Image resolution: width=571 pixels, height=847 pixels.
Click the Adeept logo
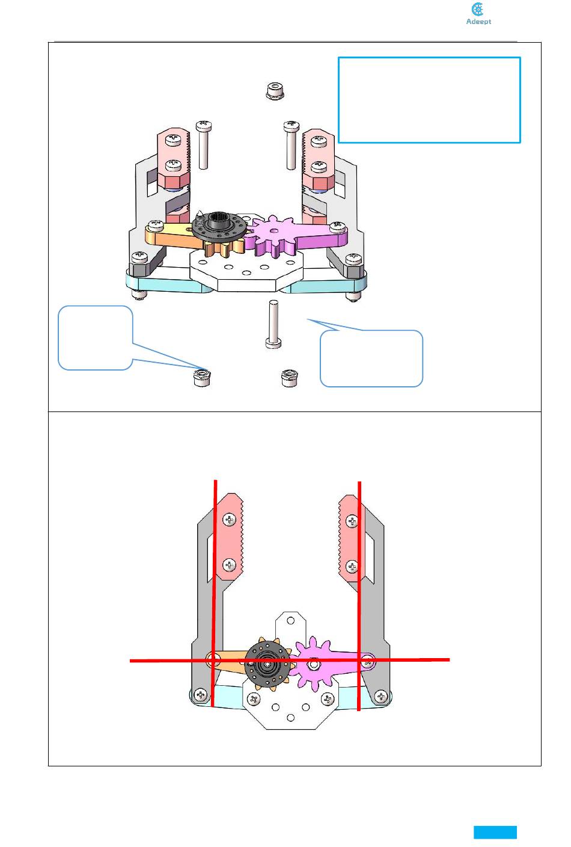tap(478, 14)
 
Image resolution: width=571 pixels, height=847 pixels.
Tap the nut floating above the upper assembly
tap(275, 90)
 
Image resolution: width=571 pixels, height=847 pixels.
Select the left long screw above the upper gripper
tap(203, 145)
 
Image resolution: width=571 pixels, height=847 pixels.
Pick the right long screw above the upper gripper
tap(292, 145)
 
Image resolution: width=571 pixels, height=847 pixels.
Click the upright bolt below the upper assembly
tap(273, 324)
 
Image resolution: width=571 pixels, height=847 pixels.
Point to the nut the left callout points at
tap(202, 378)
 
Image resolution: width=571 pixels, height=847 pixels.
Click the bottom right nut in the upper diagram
tap(290, 378)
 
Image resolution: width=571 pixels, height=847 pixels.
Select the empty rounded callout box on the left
tap(95, 337)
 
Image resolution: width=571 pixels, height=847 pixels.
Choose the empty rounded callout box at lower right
tap(371, 358)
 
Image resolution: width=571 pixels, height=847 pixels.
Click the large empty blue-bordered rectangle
tap(429, 100)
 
